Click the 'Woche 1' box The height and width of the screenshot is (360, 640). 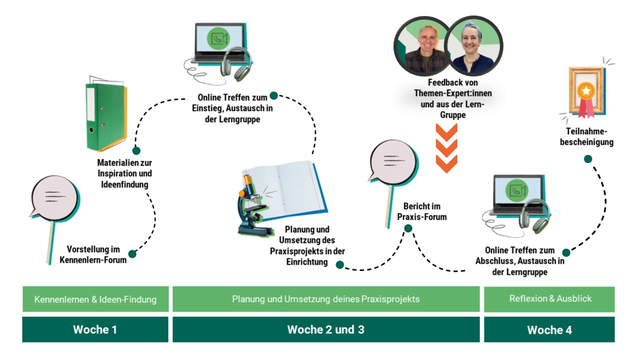(x=95, y=329)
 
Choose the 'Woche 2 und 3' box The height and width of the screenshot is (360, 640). (x=325, y=329)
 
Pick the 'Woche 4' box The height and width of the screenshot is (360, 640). (x=549, y=329)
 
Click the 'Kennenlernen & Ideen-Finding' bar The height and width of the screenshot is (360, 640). (x=95, y=299)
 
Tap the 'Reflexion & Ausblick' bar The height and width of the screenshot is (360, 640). (x=549, y=299)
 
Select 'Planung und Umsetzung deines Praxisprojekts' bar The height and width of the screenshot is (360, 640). (x=325, y=299)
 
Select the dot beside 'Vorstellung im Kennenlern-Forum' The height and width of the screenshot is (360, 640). (x=132, y=253)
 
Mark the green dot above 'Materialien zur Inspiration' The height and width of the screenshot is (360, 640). (x=136, y=150)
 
